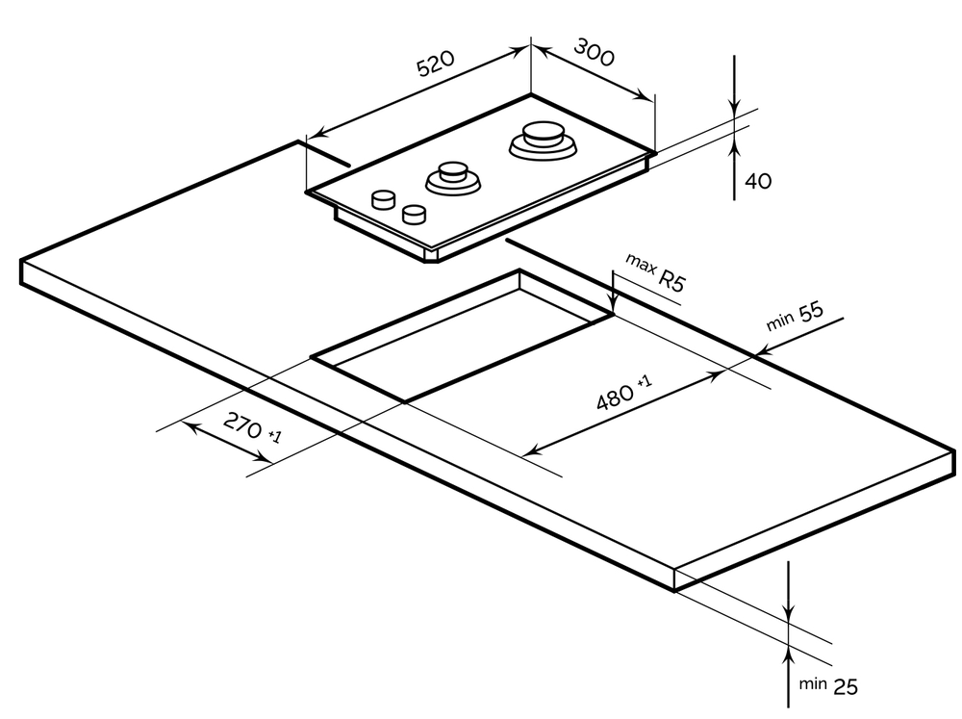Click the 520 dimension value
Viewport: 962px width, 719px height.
[435, 65]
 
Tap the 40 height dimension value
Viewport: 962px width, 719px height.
[758, 181]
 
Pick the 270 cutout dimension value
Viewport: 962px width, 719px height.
[240, 424]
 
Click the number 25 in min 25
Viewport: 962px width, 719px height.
[845, 686]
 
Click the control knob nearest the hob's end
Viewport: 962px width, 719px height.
[383, 199]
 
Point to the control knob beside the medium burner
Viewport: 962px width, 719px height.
[415, 213]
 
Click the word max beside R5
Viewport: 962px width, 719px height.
[640, 262]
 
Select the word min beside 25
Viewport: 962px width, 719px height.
[813, 683]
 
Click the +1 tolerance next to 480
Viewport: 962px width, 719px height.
[644, 382]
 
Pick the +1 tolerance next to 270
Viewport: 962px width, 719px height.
[274, 437]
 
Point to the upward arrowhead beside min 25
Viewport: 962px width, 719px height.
[789, 655]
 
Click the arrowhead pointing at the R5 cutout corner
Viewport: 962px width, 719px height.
[613, 306]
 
